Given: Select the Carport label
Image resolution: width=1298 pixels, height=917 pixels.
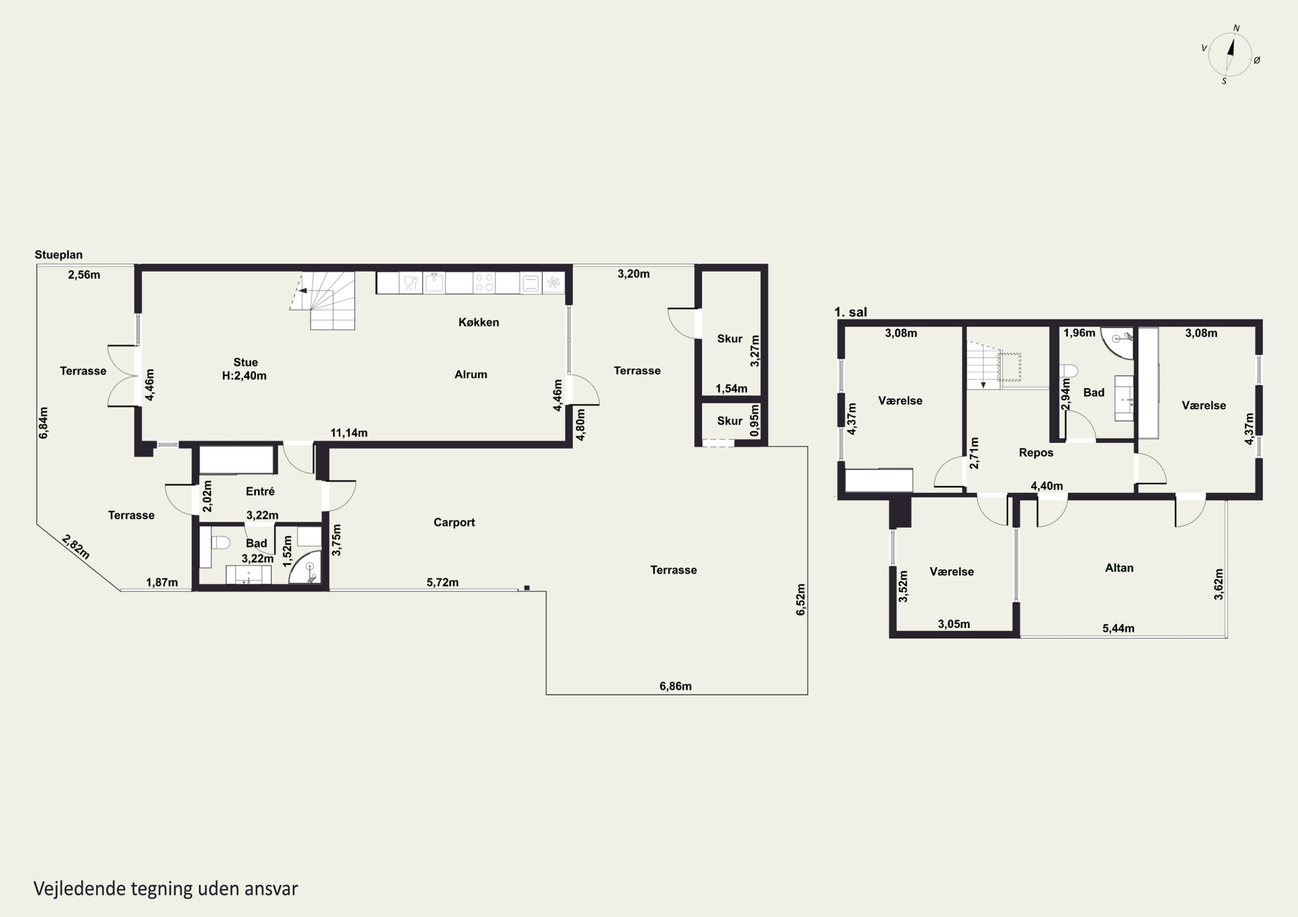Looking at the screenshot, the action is (x=454, y=522).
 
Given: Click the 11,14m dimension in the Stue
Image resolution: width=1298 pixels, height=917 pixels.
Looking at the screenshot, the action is (x=349, y=433).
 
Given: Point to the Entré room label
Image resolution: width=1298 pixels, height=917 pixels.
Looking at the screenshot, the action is (x=260, y=491).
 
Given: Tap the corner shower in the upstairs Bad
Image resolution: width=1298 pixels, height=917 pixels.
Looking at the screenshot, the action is (x=1118, y=342).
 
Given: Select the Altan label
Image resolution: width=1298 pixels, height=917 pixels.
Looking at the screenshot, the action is (x=1119, y=568).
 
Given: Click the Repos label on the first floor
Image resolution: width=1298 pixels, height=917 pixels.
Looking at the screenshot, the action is (x=1036, y=453).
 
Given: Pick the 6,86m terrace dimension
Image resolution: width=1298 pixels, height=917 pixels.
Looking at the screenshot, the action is (x=675, y=686).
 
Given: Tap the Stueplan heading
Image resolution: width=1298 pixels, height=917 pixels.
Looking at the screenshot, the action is (x=58, y=255).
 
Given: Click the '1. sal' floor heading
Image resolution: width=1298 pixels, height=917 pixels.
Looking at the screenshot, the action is (x=850, y=312).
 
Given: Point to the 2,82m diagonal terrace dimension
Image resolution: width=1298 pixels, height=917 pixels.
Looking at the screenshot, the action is (x=76, y=546).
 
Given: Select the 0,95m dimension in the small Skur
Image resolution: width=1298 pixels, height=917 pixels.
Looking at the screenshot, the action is (x=754, y=420).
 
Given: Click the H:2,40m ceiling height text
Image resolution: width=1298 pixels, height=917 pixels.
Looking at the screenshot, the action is (x=244, y=376).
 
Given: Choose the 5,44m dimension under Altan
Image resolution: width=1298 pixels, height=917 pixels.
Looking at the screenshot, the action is (x=1118, y=628).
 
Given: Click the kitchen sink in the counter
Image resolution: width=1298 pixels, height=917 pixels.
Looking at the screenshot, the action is (x=434, y=282).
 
